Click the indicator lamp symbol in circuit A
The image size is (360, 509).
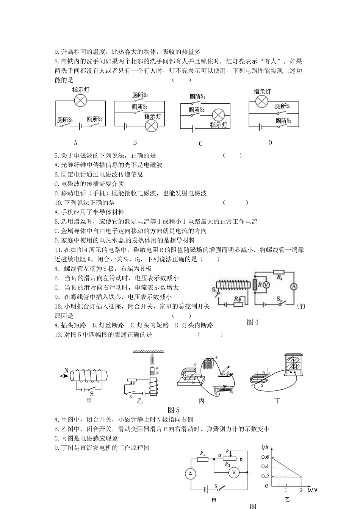tap(80, 101)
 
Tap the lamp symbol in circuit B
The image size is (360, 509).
tap(152, 126)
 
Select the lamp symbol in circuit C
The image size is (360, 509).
tap(218, 115)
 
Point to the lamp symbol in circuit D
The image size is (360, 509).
tap(262, 101)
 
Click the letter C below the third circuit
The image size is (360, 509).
tap(201, 144)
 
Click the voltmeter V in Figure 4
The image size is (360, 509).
tap(266, 284)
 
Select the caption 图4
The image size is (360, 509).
tap(252, 322)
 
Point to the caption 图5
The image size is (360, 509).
tap(173, 410)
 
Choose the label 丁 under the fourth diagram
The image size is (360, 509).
tap(278, 401)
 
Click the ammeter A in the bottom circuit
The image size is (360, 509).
tap(191, 473)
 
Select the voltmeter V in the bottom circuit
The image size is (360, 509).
tap(234, 472)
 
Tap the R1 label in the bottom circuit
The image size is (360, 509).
tap(203, 454)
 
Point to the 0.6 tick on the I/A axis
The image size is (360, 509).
tap(265, 457)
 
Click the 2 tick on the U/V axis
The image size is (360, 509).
tap(302, 490)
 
